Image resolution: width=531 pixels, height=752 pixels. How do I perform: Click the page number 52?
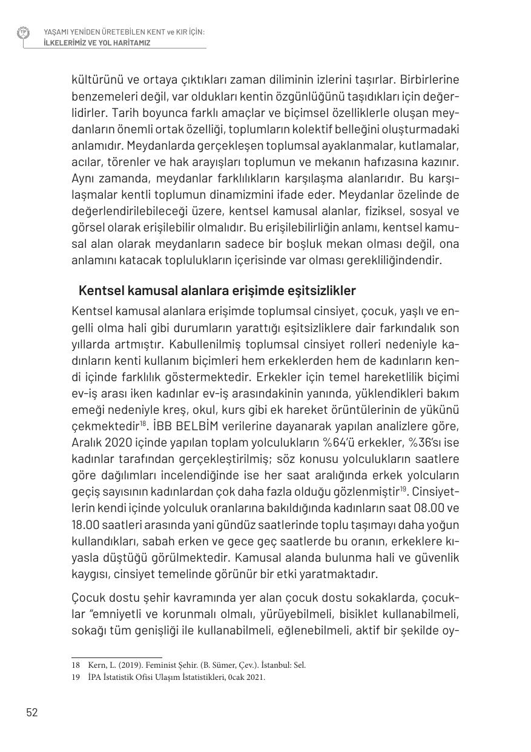[32, 712]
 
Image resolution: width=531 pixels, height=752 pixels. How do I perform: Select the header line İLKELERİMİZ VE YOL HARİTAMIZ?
[97, 43]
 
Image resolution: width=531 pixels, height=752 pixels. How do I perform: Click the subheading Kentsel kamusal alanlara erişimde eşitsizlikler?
[217, 290]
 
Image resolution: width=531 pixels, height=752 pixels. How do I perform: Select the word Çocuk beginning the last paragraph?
[87, 598]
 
